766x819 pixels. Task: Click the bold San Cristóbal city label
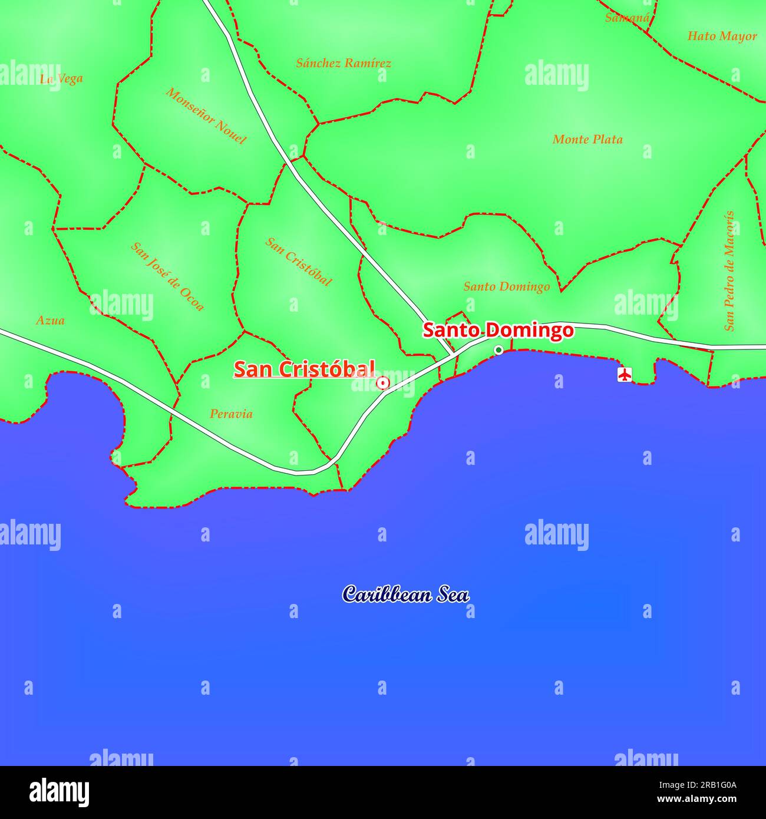point(304,369)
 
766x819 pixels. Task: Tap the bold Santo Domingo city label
point(498,330)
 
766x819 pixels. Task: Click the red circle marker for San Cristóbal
point(383,384)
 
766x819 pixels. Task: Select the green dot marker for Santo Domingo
point(498,350)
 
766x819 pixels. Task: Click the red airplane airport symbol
point(624,374)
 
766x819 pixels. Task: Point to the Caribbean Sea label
point(406,594)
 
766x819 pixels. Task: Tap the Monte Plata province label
point(587,140)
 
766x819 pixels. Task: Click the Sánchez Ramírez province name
point(344,63)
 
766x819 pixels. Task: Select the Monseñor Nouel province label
point(206,115)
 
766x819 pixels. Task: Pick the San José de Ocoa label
point(167,276)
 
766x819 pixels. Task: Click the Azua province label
point(51,321)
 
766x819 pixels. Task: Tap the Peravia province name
point(231,414)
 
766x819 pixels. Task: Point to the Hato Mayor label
point(722,36)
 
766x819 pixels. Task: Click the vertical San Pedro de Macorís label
point(729,270)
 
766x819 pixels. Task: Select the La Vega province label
point(61,78)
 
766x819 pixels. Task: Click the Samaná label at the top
point(627,18)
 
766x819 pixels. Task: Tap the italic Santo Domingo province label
point(506,287)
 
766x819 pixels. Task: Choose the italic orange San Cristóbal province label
point(298,261)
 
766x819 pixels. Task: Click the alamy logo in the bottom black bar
point(60,792)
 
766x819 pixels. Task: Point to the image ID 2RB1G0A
point(706,784)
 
